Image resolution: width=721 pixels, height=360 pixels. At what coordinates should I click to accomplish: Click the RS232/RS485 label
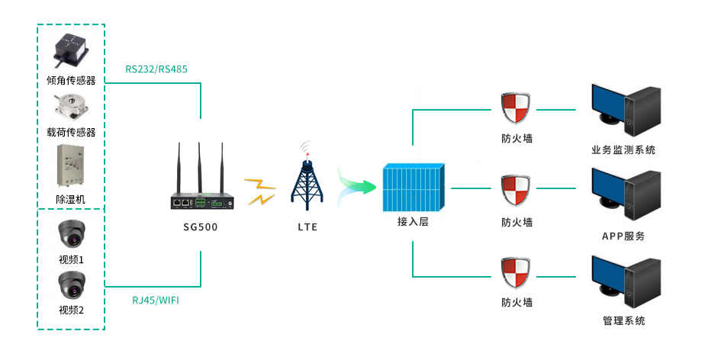(156, 69)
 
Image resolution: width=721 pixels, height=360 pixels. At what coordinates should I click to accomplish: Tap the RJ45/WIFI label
(156, 300)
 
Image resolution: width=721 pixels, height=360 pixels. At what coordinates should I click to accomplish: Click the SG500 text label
(201, 227)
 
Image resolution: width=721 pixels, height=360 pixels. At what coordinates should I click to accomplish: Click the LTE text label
(307, 227)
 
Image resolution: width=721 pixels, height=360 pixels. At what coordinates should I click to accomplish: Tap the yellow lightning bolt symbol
(261, 191)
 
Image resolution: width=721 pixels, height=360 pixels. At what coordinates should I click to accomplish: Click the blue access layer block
(413, 188)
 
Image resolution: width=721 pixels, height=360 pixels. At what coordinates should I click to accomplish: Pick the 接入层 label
(413, 222)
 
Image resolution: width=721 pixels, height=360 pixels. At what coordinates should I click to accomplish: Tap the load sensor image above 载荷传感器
(71, 107)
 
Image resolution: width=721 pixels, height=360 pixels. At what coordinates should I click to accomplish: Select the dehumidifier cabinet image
(71, 167)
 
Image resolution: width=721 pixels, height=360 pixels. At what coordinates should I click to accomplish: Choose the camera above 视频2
(71, 286)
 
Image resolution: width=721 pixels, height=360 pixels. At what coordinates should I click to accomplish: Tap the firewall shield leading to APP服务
(517, 190)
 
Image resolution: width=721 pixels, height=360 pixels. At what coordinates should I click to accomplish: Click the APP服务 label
(623, 236)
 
